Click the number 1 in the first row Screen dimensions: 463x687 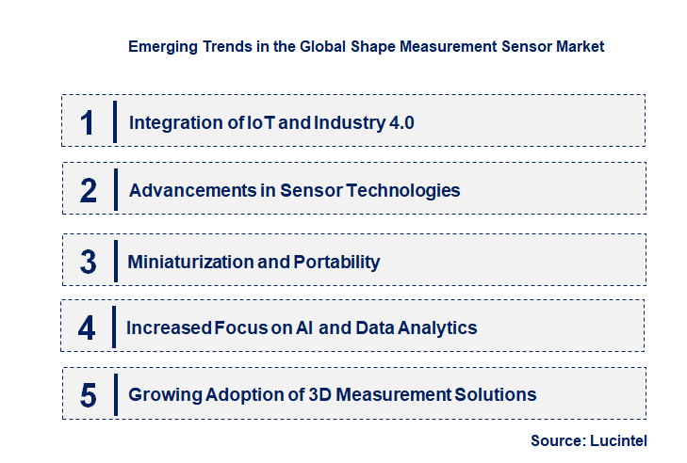tap(88, 121)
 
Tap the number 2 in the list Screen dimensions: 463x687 tap(88, 190)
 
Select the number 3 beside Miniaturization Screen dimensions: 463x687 tap(88, 262)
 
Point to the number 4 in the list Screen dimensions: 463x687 tap(88, 328)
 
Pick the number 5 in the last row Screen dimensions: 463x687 tap(88, 395)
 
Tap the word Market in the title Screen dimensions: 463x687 tap(579, 45)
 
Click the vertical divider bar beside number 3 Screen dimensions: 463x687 tap(114, 260)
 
